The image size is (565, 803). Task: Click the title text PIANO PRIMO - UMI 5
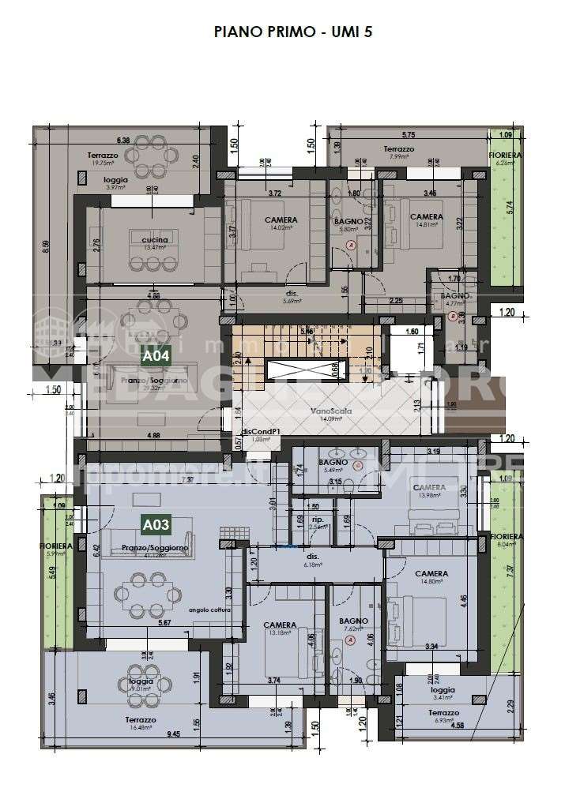(282, 32)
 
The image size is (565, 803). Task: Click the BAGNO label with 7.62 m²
(354, 621)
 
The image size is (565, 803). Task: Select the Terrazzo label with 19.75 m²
(103, 156)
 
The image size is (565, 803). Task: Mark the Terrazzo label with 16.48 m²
(139, 720)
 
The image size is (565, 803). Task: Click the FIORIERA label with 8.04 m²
(505, 537)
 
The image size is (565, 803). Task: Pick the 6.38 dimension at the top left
(122, 137)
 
